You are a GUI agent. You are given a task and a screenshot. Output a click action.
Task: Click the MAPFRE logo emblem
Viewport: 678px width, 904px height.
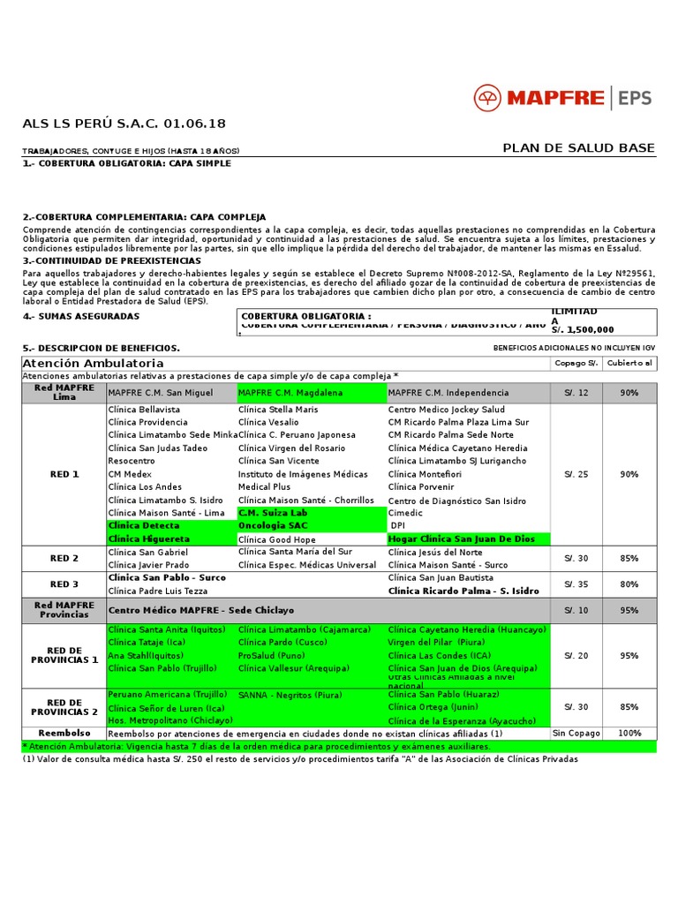tap(491, 97)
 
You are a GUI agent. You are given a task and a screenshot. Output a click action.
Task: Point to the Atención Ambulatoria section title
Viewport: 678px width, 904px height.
tap(94, 363)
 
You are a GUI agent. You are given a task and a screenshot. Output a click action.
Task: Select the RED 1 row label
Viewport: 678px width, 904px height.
tap(64, 474)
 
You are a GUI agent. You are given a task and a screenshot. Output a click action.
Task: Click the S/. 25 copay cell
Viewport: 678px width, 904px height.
tap(576, 474)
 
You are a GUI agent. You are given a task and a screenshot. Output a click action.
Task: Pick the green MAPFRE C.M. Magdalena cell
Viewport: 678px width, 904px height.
tap(311, 392)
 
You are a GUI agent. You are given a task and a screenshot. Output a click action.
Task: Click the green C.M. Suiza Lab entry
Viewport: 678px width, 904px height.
tap(273, 512)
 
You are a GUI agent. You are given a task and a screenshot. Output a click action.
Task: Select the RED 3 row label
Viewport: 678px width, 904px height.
tap(64, 584)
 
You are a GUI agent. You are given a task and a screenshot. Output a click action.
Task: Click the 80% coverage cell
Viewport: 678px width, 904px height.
tap(629, 584)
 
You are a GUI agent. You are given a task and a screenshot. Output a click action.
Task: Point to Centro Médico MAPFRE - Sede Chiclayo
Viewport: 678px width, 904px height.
tap(201, 610)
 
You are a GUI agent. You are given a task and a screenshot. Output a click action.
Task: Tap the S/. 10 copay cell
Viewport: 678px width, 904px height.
tap(576, 610)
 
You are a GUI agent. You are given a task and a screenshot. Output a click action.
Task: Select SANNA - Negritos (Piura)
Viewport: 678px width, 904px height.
tap(290, 696)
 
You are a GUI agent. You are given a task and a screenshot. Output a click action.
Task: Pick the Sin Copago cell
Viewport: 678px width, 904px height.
tap(576, 734)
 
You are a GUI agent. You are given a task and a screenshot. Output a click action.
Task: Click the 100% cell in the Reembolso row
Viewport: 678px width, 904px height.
tap(629, 734)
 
